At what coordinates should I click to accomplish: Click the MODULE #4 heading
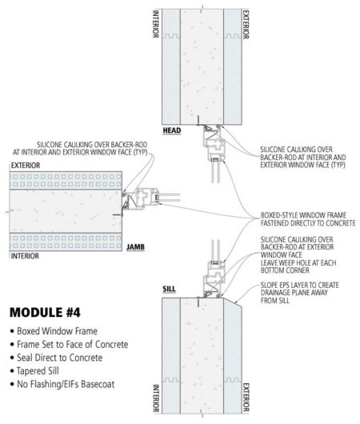tap(54, 310)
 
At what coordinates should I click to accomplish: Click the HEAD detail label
tap(171, 130)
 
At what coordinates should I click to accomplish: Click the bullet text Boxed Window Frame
tap(56, 330)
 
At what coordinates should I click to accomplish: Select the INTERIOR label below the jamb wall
tap(24, 258)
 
